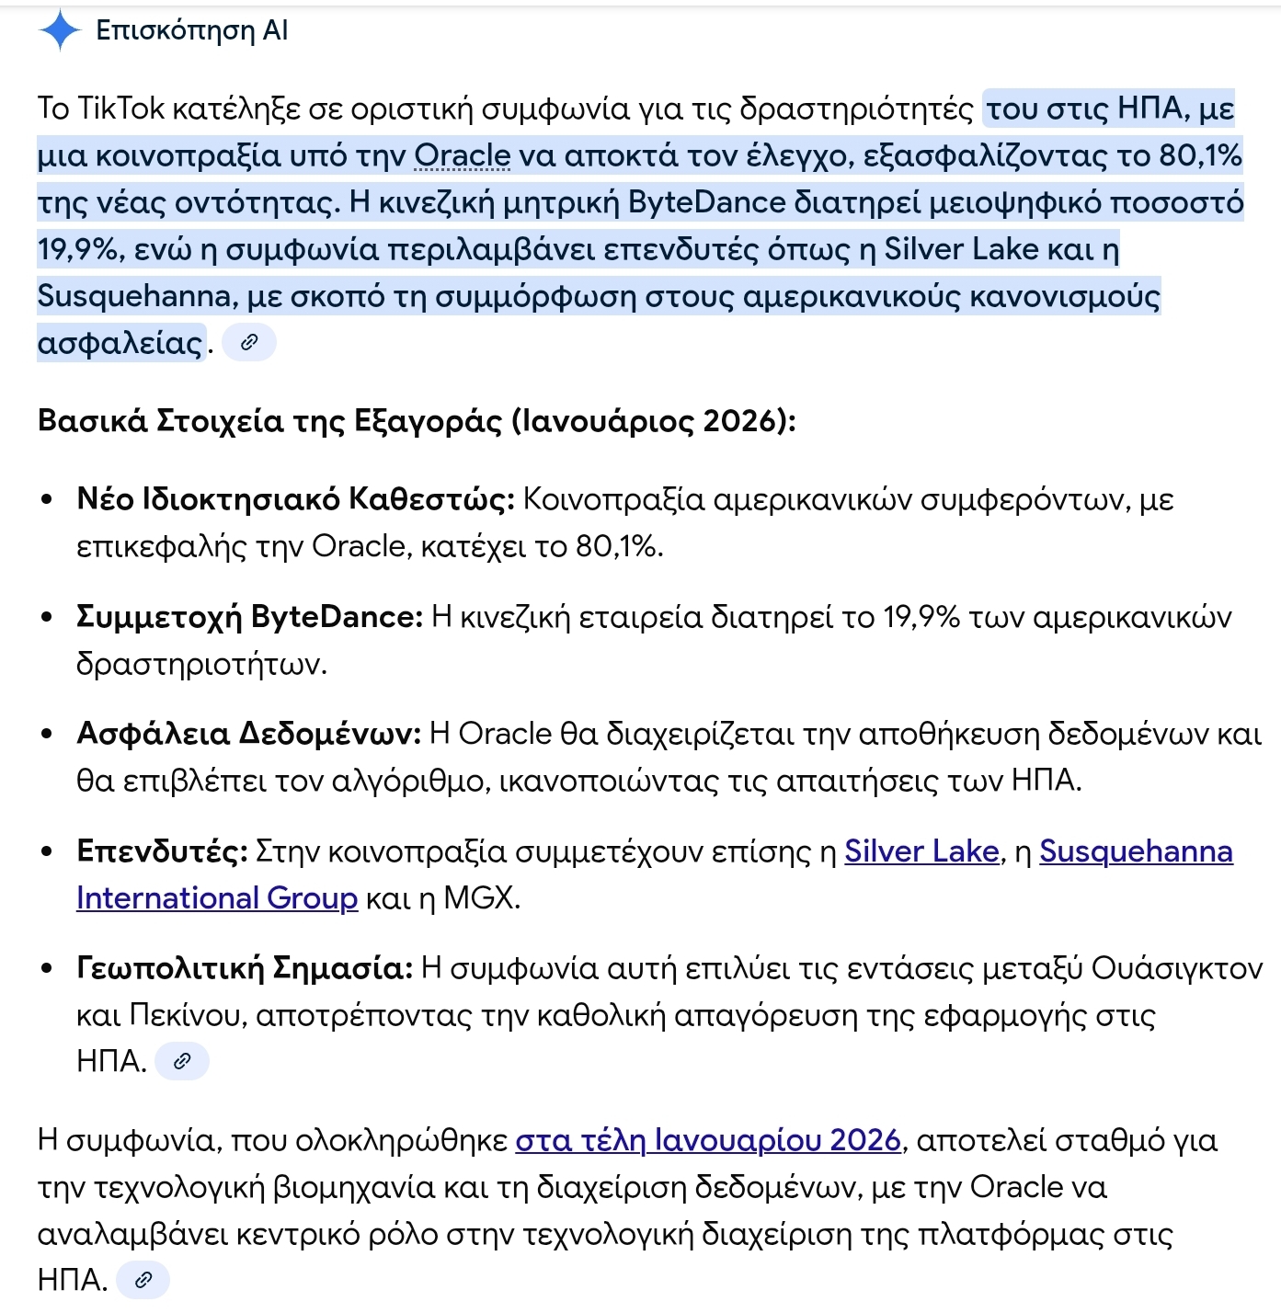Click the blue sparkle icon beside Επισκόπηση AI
click(x=61, y=30)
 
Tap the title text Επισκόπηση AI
click(x=191, y=30)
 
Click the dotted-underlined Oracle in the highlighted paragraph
click(x=462, y=155)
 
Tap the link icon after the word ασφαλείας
click(x=249, y=343)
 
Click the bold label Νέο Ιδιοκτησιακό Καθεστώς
click(x=295, y=499)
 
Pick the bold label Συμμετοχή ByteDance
click(x=249, y=616)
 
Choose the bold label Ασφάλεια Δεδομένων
click(x=248, y=733)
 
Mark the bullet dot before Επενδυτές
click(x=47, y=851)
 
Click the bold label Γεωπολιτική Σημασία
click(x=245, y=967)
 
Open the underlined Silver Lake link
click(x=921, y=851)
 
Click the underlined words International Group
click(x=217, y=897)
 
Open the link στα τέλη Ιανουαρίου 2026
click(x=707, y=1140)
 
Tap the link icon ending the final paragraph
click(x=143, y=1279)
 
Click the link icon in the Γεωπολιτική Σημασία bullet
click(x=182, y=1061)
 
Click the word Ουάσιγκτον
click(x=1177, y=967)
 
